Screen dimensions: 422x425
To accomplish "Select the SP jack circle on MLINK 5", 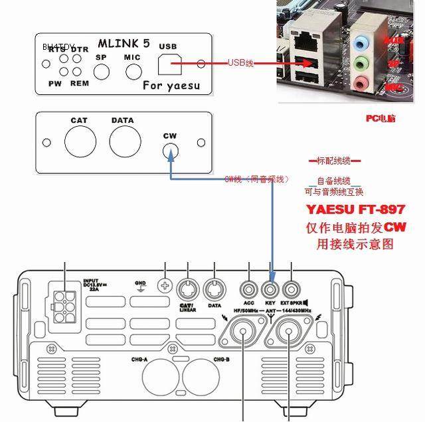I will tap(101, 72).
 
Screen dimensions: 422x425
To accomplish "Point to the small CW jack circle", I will tap(171, 151).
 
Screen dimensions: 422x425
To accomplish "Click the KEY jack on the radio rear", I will tap(270, 289).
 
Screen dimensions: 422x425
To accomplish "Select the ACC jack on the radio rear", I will tap(249, 289).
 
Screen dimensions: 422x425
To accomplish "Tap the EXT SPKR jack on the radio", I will tap(291, 289).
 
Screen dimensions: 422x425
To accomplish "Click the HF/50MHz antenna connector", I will tap(244, 336).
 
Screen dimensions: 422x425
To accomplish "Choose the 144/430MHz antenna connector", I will tap(290, 336).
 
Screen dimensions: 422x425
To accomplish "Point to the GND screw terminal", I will tap(164, 286).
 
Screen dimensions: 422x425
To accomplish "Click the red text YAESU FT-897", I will tap(355, 209).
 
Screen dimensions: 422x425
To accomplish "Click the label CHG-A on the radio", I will tap(147, 359).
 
